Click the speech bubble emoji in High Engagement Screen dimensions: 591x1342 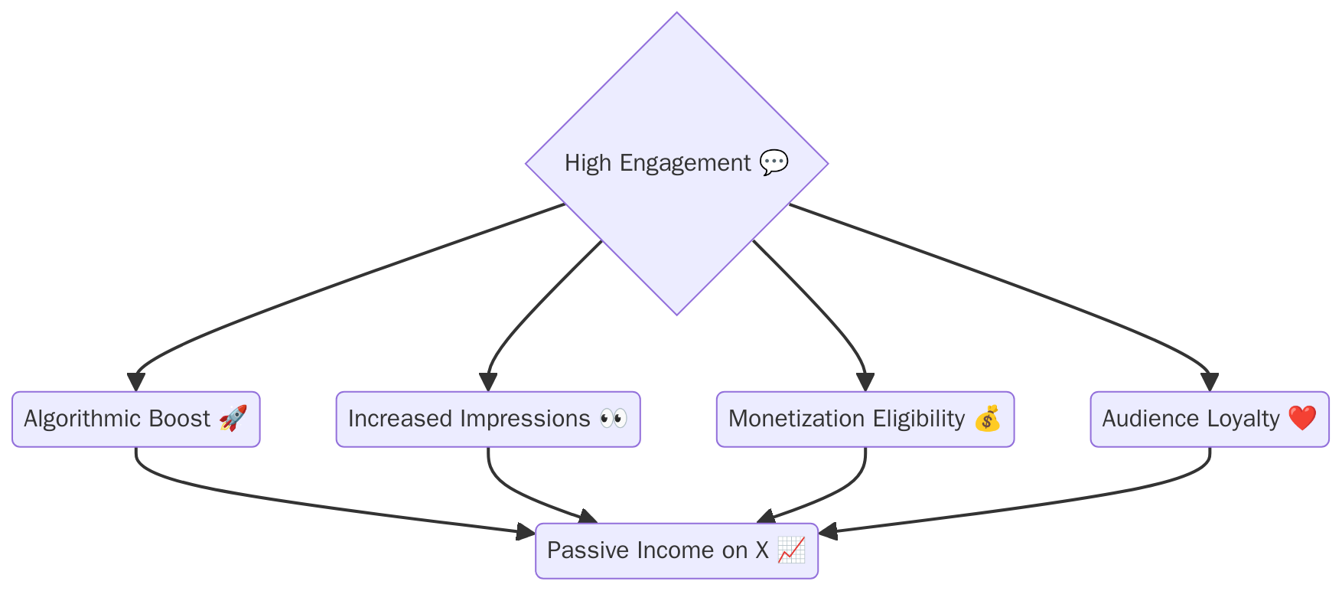coord(774,162)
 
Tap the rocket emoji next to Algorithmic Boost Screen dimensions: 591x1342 coord(233,418)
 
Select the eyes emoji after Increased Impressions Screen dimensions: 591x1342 coord(614,418)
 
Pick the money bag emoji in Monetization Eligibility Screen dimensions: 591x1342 coord(987,418)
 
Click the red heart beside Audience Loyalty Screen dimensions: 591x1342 coord(1302,418)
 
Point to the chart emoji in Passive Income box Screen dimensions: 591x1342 coord(791,550)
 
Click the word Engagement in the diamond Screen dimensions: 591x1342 coord(685,163)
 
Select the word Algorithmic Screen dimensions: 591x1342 coord(83,419)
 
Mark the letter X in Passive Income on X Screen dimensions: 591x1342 coord(761,550)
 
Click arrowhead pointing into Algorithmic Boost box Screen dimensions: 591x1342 coord(136,383)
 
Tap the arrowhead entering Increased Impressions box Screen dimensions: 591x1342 coord(488,383)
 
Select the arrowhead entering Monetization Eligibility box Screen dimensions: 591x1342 coord(865,383)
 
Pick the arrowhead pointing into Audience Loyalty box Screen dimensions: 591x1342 coord(1210,383)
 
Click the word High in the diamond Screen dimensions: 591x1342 coord(588,163)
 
